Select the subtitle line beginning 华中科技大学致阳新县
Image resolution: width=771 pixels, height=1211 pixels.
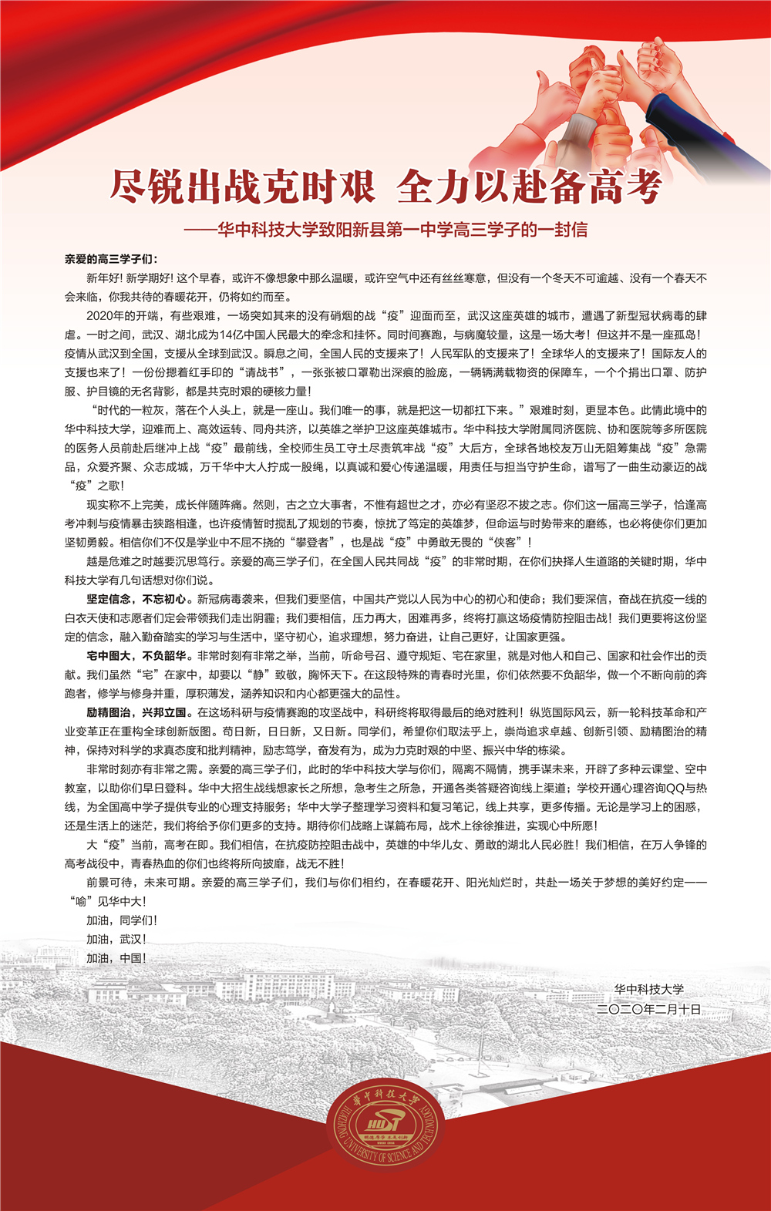(x=402, y=229)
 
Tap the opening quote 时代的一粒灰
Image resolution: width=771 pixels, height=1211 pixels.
(x=130, y=411)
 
